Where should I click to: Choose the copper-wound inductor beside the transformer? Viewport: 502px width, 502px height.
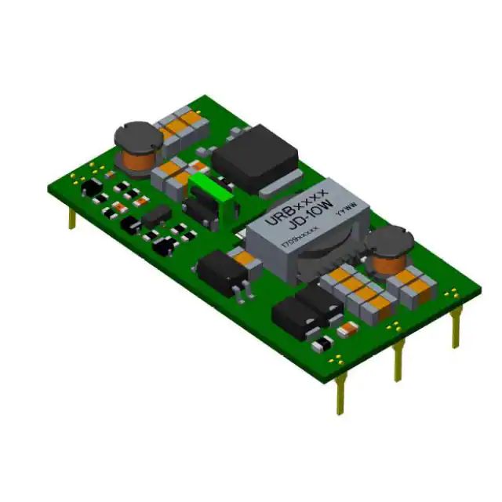click(x=390, y=249)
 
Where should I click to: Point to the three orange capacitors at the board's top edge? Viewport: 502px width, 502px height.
click(x=183, y=122)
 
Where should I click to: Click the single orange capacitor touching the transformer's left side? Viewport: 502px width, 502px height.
click(x=245, y=256)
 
